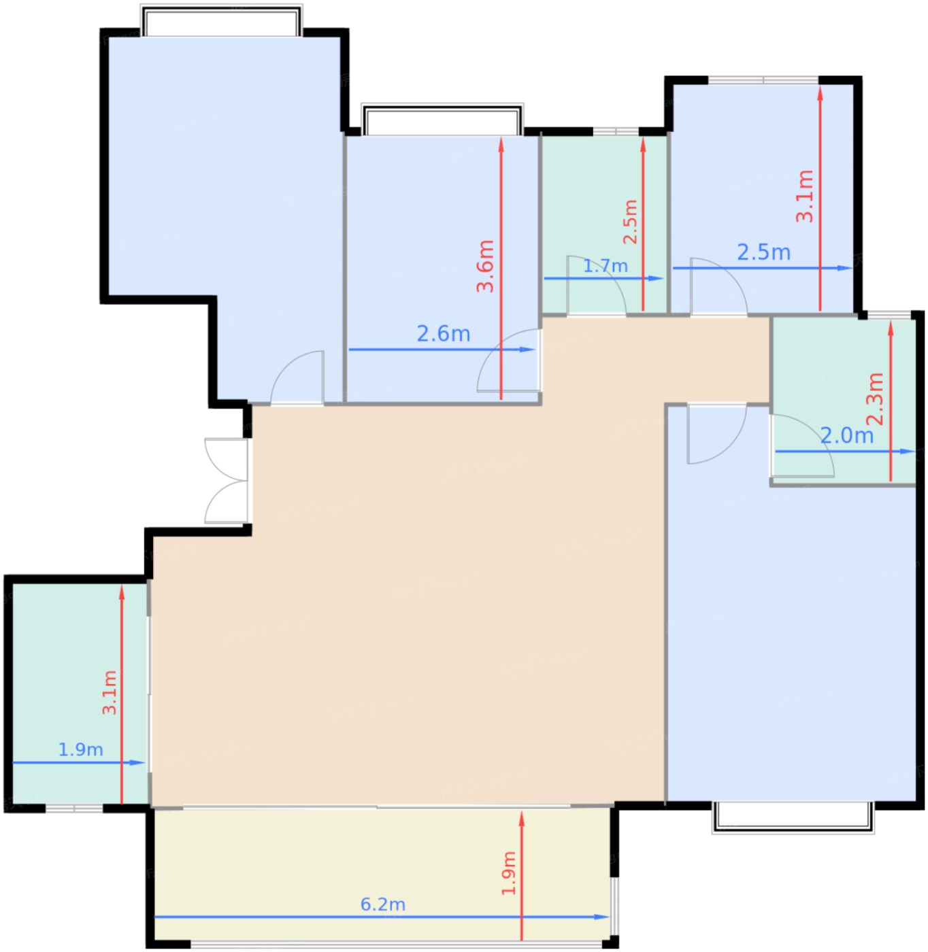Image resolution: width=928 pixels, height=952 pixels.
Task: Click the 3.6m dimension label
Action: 486,266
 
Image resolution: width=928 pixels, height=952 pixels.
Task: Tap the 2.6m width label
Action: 444,334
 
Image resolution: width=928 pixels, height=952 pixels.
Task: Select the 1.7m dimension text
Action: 606,266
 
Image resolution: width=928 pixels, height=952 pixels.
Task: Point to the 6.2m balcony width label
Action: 383,904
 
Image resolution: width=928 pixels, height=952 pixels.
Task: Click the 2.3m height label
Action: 875,398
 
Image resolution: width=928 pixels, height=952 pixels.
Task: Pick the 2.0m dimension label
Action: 847,435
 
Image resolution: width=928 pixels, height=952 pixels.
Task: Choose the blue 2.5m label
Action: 763,252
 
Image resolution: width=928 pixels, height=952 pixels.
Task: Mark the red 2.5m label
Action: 631,222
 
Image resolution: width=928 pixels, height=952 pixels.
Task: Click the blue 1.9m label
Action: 81,763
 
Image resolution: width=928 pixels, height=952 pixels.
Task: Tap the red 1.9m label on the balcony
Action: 508,873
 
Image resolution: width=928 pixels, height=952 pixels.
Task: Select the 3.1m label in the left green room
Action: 109,692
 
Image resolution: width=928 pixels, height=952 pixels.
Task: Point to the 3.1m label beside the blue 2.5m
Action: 804,196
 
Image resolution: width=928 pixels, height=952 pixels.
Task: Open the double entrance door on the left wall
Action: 226,480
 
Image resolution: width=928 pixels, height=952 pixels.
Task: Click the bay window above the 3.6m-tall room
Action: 442,119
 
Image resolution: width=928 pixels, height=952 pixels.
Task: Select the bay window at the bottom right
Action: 793,817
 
